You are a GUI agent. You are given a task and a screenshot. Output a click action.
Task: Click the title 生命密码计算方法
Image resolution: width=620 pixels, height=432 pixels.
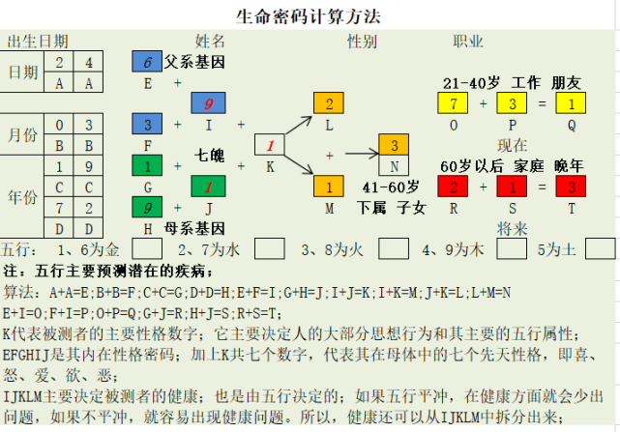(309, 16)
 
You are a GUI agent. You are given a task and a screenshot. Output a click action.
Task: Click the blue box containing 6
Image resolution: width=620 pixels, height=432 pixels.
(147, 61)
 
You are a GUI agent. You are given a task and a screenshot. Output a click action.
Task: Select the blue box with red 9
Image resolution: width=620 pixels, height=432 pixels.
(208, 103)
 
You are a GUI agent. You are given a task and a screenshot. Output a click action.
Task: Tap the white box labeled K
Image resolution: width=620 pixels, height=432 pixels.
(270, 145)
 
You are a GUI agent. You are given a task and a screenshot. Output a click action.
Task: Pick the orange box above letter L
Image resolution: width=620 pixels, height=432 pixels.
(329, 103)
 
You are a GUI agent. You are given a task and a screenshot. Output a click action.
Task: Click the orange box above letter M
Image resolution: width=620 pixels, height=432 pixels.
(329, 187)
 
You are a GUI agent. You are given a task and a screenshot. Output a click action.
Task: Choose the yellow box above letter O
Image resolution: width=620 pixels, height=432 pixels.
(453, 103)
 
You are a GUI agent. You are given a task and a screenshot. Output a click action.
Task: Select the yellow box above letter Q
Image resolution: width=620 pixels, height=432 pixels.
(571, 103)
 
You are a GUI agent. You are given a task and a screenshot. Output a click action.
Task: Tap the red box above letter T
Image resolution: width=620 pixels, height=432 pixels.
(571, 187)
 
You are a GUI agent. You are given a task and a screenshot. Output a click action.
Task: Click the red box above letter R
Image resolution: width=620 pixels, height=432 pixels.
(453, 187)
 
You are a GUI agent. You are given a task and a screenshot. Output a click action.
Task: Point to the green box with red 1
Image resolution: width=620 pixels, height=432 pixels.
(208, 187)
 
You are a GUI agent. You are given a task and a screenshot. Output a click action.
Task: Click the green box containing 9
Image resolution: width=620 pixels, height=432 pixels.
(147, 207)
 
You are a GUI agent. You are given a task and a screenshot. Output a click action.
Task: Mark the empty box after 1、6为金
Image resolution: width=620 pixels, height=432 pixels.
(147, 248)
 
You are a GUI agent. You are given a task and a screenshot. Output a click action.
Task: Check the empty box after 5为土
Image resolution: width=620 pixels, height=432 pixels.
(601, 248)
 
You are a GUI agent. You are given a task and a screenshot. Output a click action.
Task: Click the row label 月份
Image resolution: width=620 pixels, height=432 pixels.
(22, 134)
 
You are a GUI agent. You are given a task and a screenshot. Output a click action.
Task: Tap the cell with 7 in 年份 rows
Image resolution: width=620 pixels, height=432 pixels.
(59, 207)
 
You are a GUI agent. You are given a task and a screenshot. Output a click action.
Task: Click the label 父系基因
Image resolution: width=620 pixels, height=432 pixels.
(194, 62)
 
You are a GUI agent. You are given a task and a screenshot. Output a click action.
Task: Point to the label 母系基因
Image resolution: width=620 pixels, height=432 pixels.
(194, 228)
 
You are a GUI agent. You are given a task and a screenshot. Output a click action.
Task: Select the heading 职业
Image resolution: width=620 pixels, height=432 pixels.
(468, 42)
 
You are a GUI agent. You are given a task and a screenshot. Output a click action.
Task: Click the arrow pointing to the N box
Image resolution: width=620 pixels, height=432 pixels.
(362, 154)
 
